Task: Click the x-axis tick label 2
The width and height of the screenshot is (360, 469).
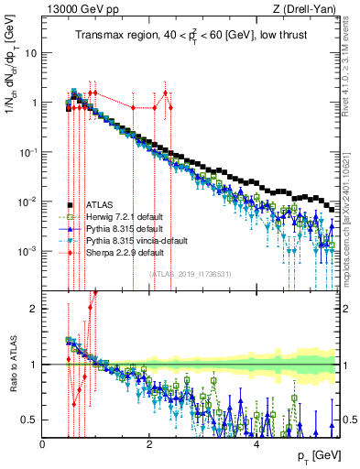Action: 150,443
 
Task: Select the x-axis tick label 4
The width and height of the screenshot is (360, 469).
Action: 257,443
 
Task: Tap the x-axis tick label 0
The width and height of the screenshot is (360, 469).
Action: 43,443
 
